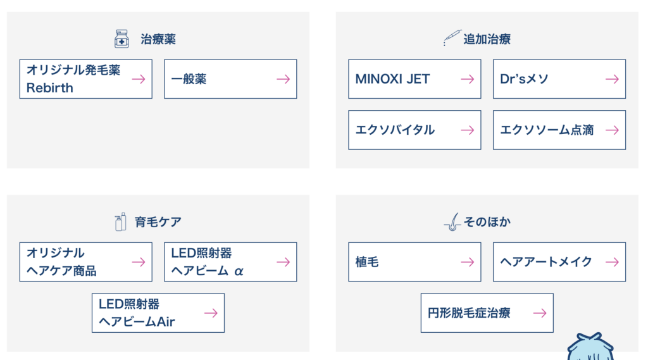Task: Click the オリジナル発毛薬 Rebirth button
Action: tap(85, 79)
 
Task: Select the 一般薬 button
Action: tap(230, 79)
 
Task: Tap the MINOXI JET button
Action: tap(414, 79)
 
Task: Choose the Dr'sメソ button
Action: tap(559, 79)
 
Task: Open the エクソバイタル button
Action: tap(414, 130)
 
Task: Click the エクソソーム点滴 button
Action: tap(559, 130)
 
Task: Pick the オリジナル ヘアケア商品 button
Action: tap(85, 262)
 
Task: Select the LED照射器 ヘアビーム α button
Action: tap(230, 262)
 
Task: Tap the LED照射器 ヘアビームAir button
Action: tap(158, 313)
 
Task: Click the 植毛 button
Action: tap(414, 262)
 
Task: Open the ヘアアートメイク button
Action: tap(559, 262)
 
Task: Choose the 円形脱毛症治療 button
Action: tap(487, 313)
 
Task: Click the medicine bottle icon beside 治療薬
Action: tap(121, 39)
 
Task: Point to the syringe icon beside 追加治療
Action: tap(452, 37)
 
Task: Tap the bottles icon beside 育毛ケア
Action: tap(120, 222)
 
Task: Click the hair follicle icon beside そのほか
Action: tap(452, 222)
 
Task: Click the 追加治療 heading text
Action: tap(487, 39)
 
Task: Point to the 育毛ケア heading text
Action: tap(158, 222)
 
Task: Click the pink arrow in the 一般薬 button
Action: tap(283, 79)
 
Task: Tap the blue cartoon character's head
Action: tap(590, 347)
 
